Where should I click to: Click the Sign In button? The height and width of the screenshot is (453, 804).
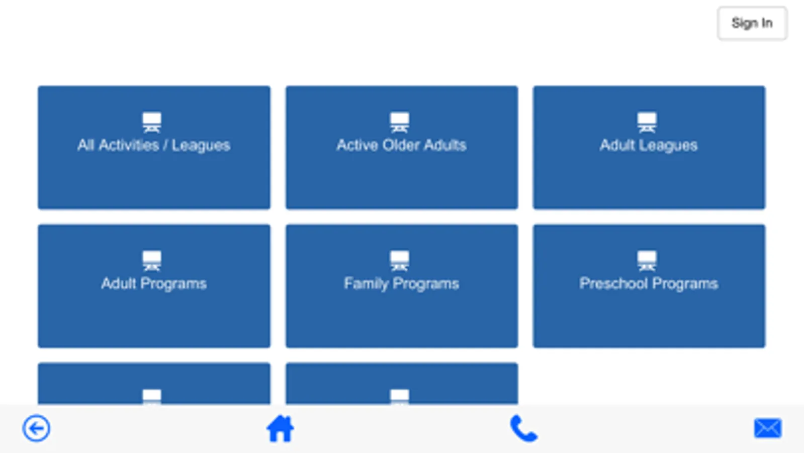pyautogui.click(x=752, y=23)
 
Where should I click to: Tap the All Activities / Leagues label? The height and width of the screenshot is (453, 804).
pyautogui.click(x=154, y=145)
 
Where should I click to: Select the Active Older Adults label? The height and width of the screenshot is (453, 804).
pyautogui.click(x=401, y=145)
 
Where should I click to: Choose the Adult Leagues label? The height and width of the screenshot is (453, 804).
pyautogui.click(x=649, y=145)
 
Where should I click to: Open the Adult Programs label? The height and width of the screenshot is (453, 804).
pyautogui.click(x=154, y=284)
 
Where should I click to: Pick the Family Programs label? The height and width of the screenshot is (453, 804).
pyautogui.click(x=401, y=284)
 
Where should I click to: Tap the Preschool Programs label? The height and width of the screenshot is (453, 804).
pyautogui.click(x=649, y=284)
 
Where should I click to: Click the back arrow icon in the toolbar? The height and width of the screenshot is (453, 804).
pyautogui.click(x=36, y=428)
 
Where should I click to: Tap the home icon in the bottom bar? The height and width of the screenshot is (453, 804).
pyautogui.click(x=280, y=428)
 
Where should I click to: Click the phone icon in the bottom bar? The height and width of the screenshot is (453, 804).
pyautogui.click(x=523, y=428)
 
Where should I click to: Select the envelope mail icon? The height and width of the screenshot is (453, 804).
pyautogui.click(x=768, y=428)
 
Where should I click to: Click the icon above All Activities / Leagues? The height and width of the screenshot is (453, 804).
pyautogui.click(x=152, y=122)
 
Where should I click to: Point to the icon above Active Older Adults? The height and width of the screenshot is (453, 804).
pyautogui.click(x=400, y=122)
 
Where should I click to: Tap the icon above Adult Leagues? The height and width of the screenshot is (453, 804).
pyautogui.click(x=647, y=122)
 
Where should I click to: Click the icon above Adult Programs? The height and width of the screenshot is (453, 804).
pyautogui.click(x=152, y=261)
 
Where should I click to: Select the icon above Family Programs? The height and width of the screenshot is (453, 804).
pyautogui.click(x=400, y=261)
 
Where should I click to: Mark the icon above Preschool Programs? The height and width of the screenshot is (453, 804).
pyautogui.click(x=647, y=261)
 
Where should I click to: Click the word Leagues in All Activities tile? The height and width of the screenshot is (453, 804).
pyautogui.click(x=201, y=146)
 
